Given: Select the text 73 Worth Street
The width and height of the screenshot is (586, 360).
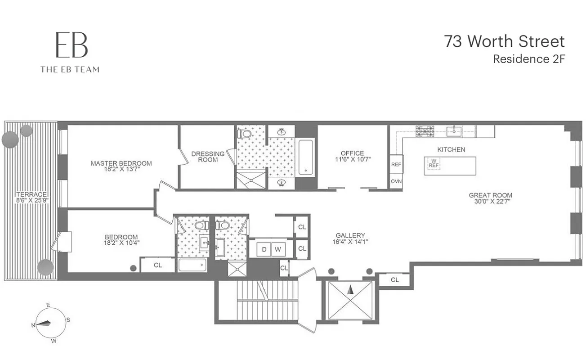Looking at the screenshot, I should [504, 41].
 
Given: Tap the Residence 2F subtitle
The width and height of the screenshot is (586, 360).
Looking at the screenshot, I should [528, 59].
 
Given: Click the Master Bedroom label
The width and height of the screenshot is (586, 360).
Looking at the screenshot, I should [121, 163].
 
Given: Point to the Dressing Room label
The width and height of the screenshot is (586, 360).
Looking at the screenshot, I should [208, 157].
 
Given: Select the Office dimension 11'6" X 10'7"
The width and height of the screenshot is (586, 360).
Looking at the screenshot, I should [352, 159].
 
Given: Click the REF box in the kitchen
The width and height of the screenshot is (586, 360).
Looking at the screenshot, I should [396, 165].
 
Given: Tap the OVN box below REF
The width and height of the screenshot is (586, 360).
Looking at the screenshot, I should [396, 181].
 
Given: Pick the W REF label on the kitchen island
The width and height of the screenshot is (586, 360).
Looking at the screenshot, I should [433, 163].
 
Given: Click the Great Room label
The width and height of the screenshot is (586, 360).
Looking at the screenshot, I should [490, 195].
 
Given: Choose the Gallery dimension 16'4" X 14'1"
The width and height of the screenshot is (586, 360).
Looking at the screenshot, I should [350, 242].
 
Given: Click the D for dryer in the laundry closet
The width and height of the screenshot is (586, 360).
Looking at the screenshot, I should [264, 248].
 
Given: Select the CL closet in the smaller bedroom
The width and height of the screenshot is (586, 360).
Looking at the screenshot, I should [157, 265].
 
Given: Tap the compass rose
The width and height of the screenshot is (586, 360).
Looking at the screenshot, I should [47, 323].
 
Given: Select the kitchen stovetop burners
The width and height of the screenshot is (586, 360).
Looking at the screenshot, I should [425, 131].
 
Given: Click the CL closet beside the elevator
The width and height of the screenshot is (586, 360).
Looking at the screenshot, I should [394, 279].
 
